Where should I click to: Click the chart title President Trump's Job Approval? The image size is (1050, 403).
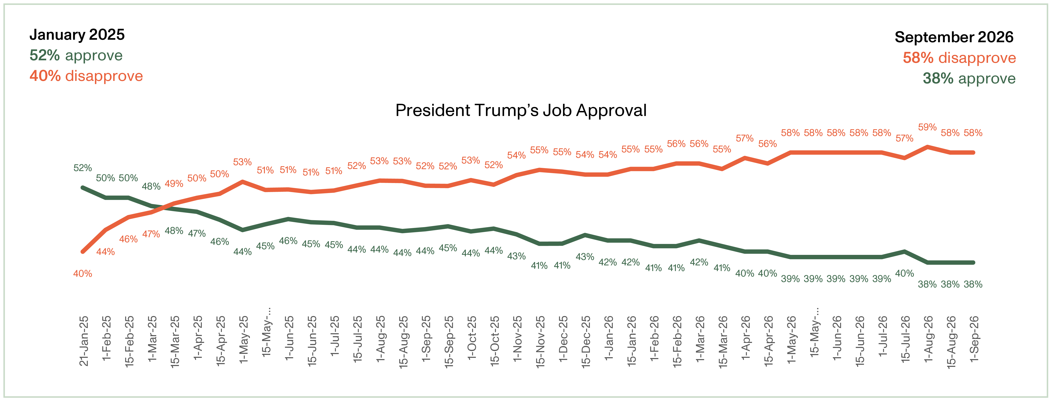coord(521,111)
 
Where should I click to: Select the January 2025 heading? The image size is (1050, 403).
coord(77,35)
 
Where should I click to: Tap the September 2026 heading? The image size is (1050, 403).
coord(954,37)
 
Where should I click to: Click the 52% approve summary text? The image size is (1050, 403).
coord(76,55)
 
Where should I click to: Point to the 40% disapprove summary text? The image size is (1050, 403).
coord(86,76)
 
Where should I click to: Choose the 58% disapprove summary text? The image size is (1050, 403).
coord(959,58)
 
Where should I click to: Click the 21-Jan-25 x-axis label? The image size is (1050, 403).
coord(84,341)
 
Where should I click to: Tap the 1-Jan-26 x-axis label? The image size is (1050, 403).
coord(609,338)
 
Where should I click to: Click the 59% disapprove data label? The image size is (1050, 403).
coord(927,127)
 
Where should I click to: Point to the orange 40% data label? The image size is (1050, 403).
coord(83,274)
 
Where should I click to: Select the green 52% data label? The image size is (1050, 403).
coord(83,168)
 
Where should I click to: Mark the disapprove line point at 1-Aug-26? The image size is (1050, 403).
coord(928,147)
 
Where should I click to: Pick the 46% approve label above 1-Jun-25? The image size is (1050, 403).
coord(288,241)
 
